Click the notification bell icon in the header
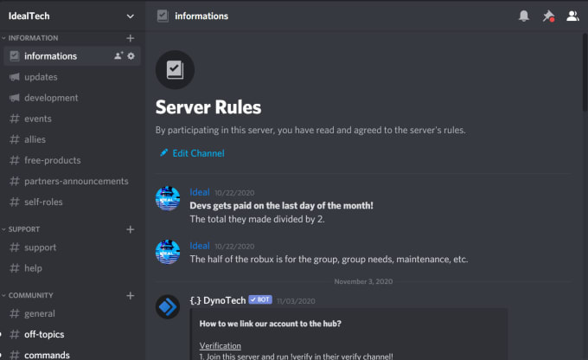524,16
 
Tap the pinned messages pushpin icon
548,16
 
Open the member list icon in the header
572,16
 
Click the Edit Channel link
192,153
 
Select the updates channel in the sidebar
41,77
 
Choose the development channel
51,98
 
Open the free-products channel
53,160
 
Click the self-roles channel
43,202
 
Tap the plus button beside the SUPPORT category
130,229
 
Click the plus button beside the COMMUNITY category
130,296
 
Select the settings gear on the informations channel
131,56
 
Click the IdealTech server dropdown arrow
130,16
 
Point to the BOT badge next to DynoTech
260,299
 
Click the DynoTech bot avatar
168,306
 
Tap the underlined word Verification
220,346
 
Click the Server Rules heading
208,107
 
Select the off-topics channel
44,335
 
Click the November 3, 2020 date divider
363,281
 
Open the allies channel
35,139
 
